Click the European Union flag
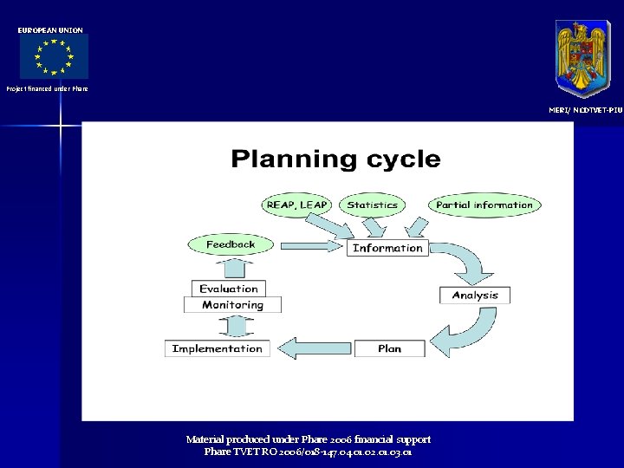pyautogui.click(x=54, y=58)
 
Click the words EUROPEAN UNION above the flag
pyautogui.click(x=51, y=30)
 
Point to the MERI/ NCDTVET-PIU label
pyautogui.click(x=585, y=110)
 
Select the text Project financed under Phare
pyautogui.click(x=47, y=88)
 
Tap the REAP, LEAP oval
pyautogui.click(x=297, y=205)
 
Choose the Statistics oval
pyautogui.click(x=372, y=205)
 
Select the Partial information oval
pyautogui.click(x=484, y=205)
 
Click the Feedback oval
pyautogui.click(x=231, y=244)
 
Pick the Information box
pyautogui.click(x=387, y=248)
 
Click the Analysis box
pyautogui.click(x=475, y=296)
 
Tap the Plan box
pyautogui.click(x=389, y=348)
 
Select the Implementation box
pyautogui.click(x=218, y=348)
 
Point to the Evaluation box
pyautogui.click(x=229, y=289)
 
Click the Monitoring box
pyautogui.click(x=232, y=305)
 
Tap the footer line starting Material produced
pyautogui.click(x=309, y=439)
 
